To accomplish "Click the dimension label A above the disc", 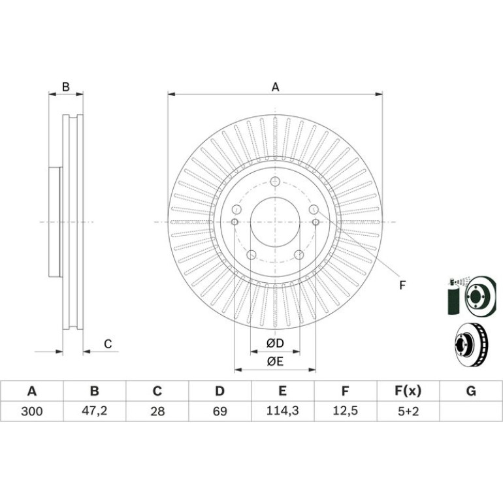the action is [x=275, y=87].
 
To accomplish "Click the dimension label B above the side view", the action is [x=66, y=87].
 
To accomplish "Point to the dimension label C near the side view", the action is [x=108, y=344].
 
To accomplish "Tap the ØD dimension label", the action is [x=275, y=344].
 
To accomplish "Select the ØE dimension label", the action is [x=275, y=361].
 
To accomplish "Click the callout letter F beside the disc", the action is [x=402, y=285].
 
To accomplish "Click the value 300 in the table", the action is [x=32, y=412].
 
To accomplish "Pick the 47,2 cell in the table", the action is [x=94, y=411].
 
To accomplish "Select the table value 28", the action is [x=157, y=412].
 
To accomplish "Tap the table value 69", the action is [x=220, y=412].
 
